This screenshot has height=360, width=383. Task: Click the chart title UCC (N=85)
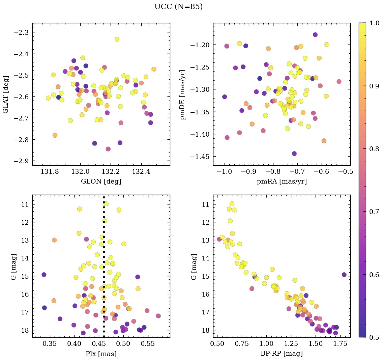[x=178, y=7]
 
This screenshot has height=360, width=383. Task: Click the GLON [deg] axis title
[x=101, y=182]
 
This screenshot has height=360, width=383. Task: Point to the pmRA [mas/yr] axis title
[x=282, y=182]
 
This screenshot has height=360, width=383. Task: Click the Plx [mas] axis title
[x=101, y=354]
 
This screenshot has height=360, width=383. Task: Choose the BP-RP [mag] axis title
[x=282, y=354]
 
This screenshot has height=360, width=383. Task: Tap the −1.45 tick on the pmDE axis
[x=200, y=157]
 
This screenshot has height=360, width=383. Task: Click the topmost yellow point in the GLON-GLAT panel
[x=117, y=39]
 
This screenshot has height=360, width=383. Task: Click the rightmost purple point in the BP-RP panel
[x=344, y=275]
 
